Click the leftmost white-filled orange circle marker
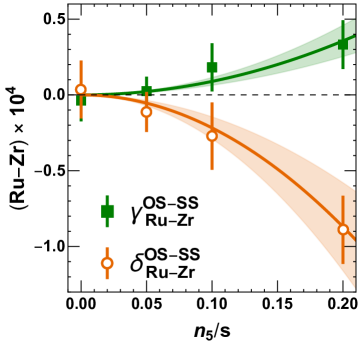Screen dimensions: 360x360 click(x=81, y=90)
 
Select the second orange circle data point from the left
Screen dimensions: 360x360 click(x=146, y=112)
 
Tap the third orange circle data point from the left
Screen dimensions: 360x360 click(x=211, y=136)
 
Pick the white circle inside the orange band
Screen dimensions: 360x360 click(x=343, y=230)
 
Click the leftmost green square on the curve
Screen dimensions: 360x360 click(x=81, y=99)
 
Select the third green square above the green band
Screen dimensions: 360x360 click(x=211, y=68)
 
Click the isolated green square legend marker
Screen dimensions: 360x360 click(x=107, y=211)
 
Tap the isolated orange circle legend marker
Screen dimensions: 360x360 click(x=107, y=263)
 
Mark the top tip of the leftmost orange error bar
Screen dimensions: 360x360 click(x=81, y=60)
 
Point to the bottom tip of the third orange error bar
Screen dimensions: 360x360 click(x=211, y=170)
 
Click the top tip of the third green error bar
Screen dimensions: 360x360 click(x=211, y=43)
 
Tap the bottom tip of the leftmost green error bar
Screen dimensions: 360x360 click(x=81, y=121)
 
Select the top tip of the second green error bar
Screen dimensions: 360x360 click(x=146, y=76)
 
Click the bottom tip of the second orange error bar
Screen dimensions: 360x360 click(x=146, y=133)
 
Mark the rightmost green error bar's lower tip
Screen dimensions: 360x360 click(x=343, y=69)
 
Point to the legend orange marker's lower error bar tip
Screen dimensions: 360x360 click(x=107, y=279)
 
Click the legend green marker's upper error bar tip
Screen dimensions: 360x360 click(x=107, y=195)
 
